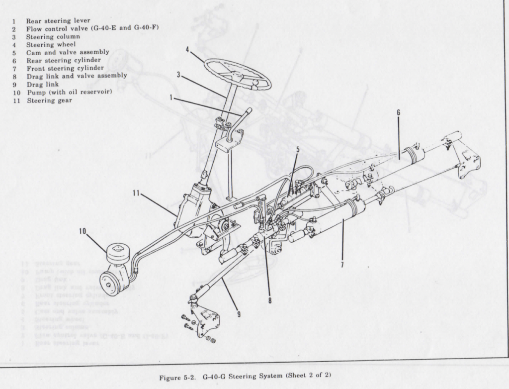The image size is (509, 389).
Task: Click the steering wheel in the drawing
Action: [x=238, y=74]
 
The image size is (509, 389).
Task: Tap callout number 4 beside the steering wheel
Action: [x=188, y=50]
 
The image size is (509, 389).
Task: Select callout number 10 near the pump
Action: [x=83, y=231]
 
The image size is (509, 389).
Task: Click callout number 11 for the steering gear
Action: [x=135, y=194]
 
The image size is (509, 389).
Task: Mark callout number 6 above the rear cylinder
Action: [x=398, y=112]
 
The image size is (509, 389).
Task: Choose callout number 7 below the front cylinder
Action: [x=342, y=265]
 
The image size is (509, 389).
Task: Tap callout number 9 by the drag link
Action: [x=239, y=314]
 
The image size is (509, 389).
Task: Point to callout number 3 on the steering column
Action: [x=178, y=75]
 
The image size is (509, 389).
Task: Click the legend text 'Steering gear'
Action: [x=49, y=100]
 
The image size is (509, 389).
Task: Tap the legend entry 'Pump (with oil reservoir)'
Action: [x=69, y=93]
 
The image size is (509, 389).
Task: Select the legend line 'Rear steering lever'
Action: [x=58, y=21]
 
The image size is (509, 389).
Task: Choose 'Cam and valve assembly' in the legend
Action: [x=68, y=52]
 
